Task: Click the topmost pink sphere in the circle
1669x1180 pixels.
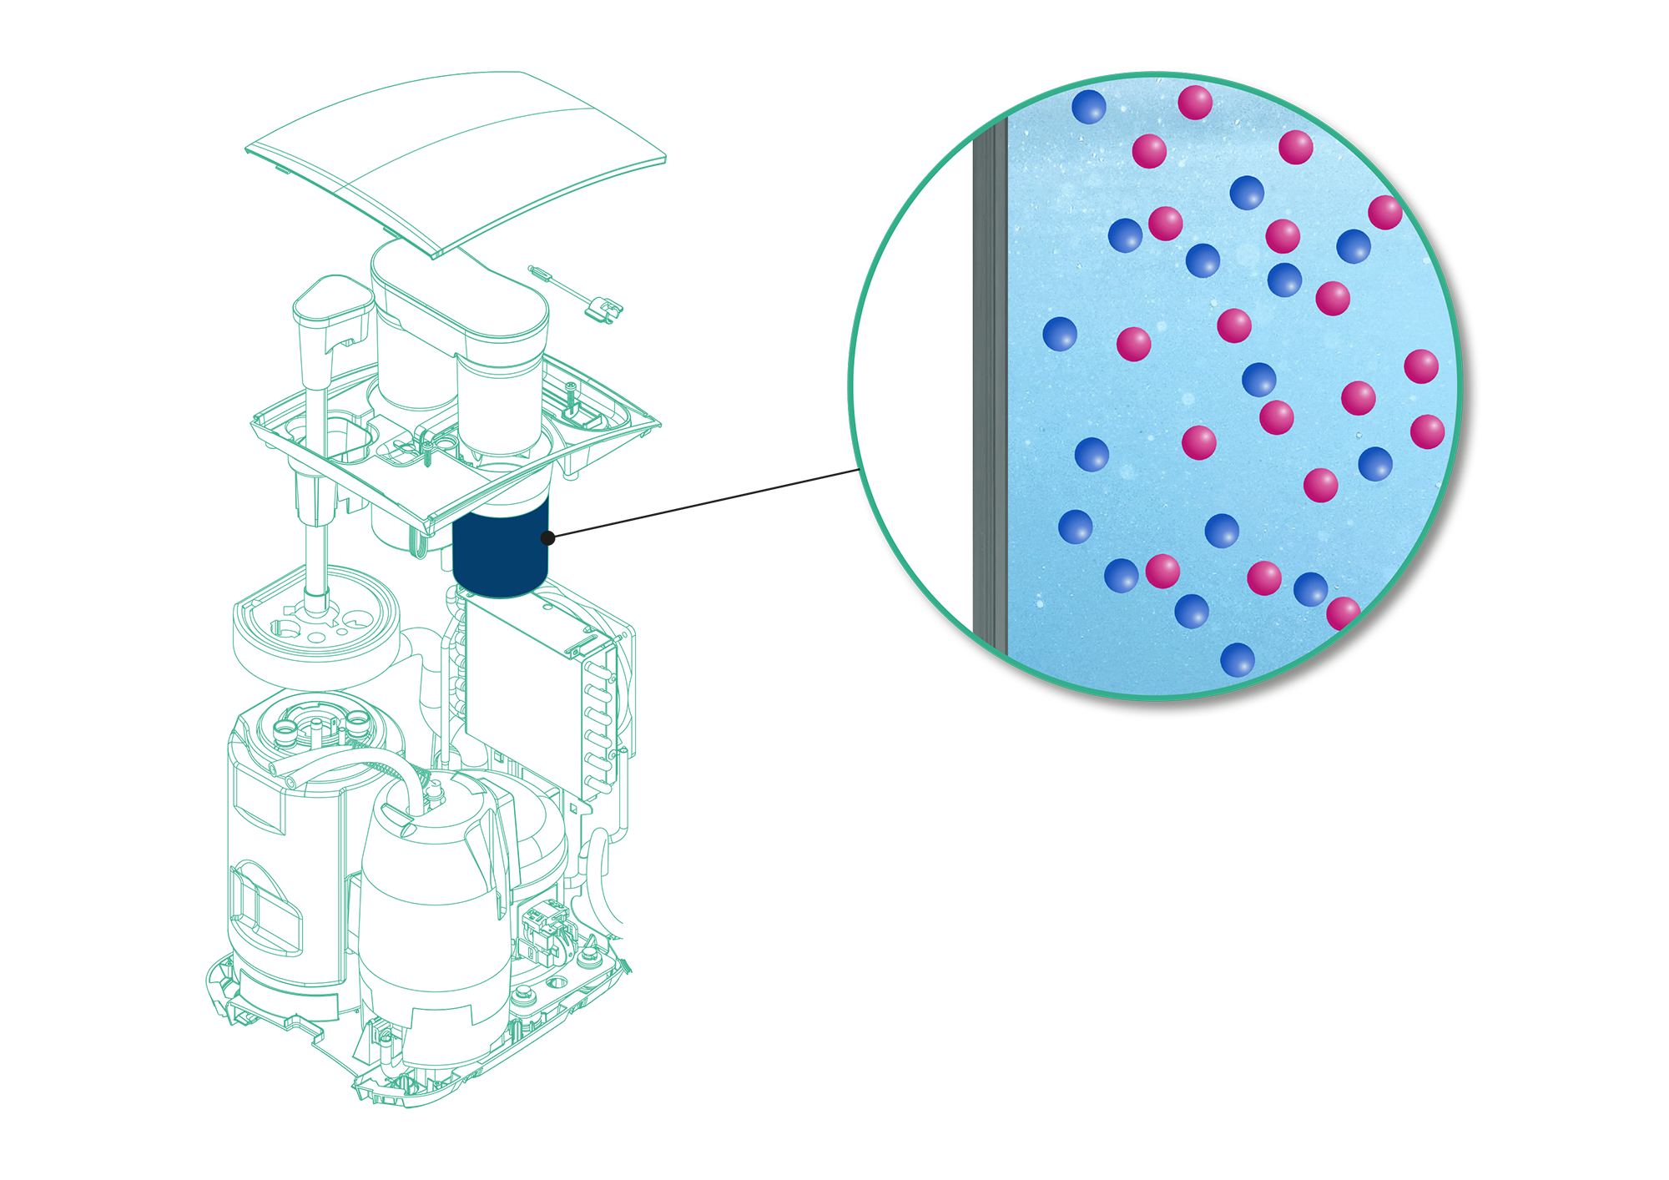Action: click(x=1195, y=103)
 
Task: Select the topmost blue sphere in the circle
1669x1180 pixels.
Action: click(x=1088, y=107)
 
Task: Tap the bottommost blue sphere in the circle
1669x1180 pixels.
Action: click(x=1238, y=659)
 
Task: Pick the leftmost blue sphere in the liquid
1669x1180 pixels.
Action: click(x=1060, y=334)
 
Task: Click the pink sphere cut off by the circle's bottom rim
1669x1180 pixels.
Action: click(x=1343, y=613)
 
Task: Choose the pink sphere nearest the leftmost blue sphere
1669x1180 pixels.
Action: click(x=1133, y=344)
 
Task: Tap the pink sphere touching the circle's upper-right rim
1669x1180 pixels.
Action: click(x=1385, y=213)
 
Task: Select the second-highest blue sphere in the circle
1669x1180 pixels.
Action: click(x=1247, y=193)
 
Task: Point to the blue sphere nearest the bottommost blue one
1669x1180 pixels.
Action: click(x=1192, y=611)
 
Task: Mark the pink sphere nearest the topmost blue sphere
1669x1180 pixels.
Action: click(x=1149, y=151)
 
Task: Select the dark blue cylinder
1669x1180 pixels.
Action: click(x=499, y=547)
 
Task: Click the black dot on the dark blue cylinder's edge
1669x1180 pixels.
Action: click(x=546, y=538)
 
